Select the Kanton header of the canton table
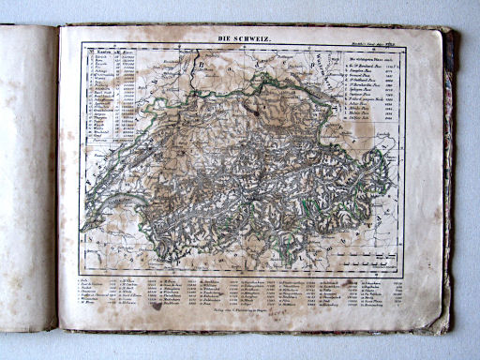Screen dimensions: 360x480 point(106,52)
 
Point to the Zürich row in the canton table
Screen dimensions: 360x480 point(103,56)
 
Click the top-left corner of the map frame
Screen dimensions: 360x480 point(82,44)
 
